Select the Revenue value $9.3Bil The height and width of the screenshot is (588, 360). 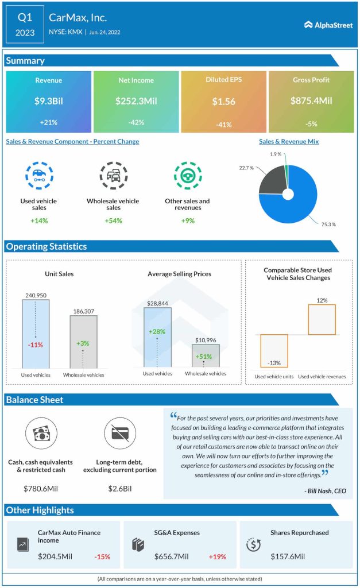point(48,100)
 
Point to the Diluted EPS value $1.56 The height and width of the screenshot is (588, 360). point(223,101)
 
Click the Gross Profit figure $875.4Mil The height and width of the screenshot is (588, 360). point(310,100)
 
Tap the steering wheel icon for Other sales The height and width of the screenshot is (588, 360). point(188,176)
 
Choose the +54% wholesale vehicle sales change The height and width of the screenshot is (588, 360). point(113,221)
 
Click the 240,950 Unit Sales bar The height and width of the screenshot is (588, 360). point(36,333)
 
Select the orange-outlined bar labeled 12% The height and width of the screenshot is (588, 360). point(322,319)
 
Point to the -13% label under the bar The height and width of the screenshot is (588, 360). point(273,363)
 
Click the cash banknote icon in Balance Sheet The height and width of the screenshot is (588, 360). point(41,434)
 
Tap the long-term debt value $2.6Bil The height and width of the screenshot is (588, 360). point(119,488)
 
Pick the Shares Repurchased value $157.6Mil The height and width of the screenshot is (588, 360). point(288,556)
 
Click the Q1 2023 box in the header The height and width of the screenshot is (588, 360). point(25,25)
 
